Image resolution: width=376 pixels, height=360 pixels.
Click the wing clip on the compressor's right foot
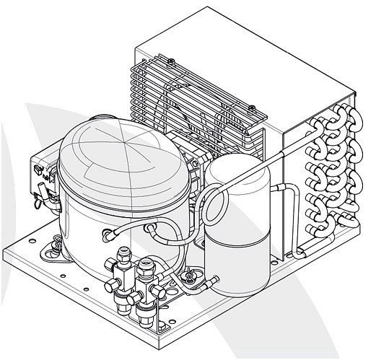coord(190,275)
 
